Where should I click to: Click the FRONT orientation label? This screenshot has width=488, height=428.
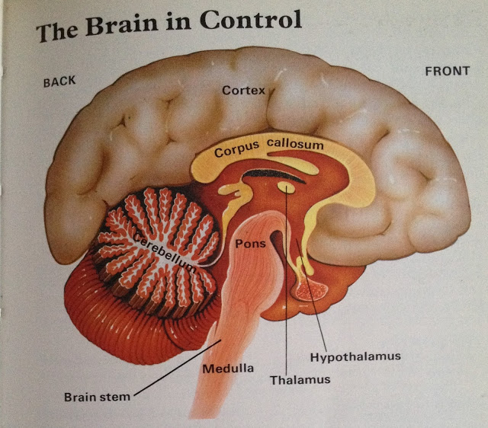(x=446, y=71)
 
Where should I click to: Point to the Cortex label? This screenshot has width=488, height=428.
(x=243, y=90)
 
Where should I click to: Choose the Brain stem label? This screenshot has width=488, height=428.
(x=97, y=396)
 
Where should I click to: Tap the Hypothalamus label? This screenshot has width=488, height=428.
(x=355, y=356)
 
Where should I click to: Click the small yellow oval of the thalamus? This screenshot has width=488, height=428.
(x=286, y=186)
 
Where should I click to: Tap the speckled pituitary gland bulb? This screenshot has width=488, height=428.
(x=312, y=288)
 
